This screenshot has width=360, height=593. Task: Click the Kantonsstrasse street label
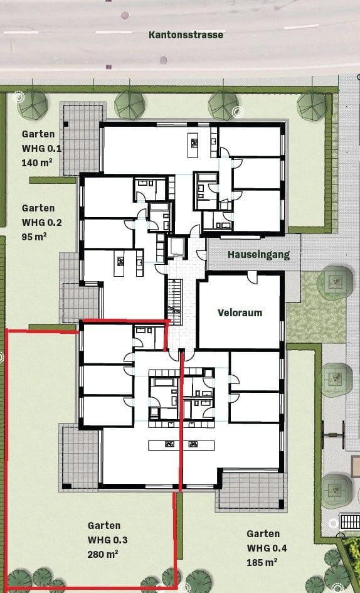tap(186, 35)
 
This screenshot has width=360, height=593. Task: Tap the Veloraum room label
tap(240, 312)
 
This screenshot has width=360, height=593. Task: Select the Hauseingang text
tap(250, 255)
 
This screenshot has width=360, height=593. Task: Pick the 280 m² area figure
tap(103, 554)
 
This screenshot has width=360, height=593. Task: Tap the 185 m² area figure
tap(262, 562)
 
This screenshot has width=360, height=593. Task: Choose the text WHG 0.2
tap(42, 222)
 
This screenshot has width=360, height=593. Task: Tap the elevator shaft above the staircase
tap(176, 246)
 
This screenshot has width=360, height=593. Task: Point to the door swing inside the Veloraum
tap(251, 277)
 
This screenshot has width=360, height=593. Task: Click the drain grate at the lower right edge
tap(348, 521)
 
